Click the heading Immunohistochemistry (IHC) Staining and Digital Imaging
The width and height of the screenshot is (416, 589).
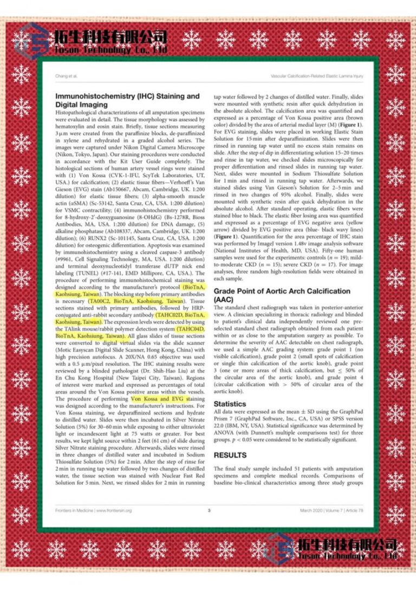127,100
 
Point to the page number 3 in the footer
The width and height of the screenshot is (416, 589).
209,510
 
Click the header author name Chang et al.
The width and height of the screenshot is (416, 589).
65,75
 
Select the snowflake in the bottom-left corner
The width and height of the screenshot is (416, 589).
22,548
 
